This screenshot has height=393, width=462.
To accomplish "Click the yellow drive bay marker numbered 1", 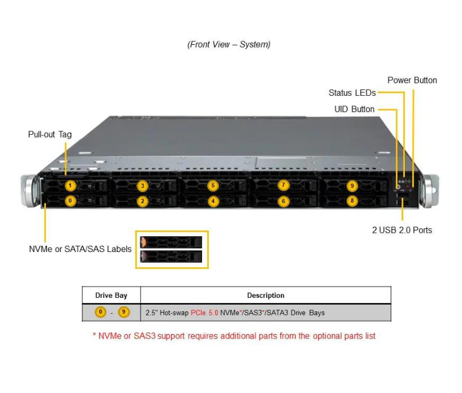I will point(70,186).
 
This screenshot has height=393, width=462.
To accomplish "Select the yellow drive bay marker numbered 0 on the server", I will point(70,200).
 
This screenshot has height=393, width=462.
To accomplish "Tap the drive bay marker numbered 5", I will point(213,186).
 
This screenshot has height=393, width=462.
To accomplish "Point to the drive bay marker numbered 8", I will point(352,200).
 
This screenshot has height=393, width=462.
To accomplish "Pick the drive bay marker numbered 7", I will point(284,186).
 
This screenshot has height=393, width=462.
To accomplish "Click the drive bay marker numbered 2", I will point(143,200).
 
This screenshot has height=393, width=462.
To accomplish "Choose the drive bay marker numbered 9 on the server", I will point(352,186).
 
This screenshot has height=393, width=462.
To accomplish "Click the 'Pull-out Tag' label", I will point(50,134).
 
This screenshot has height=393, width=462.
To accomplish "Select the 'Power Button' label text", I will point(412,80).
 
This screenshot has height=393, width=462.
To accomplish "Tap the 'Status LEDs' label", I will point(352,93).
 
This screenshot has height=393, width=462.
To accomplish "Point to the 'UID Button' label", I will point(354,109).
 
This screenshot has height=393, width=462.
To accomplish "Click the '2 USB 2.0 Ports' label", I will point(401,230).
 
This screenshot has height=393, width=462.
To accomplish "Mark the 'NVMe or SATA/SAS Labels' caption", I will point(80,249).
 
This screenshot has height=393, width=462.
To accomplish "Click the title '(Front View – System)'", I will point(229,44).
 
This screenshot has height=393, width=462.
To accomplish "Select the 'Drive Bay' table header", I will point(111,295).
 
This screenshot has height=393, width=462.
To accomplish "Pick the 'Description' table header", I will point(266,295).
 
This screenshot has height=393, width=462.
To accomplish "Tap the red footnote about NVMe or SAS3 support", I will point(234,336).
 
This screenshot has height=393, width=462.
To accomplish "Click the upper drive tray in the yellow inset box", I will point(171,242).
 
